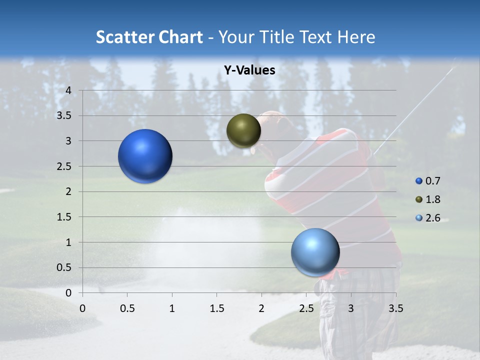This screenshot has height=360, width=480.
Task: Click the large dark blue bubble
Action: pos(145,156)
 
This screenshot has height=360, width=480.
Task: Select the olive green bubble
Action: pos(243,130)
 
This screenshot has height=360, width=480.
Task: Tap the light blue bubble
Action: pos(315,252)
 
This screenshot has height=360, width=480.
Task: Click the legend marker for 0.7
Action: pos(419,181)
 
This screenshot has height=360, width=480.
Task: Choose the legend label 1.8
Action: pos(432,199)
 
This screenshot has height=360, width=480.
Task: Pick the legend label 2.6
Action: pos(432,218)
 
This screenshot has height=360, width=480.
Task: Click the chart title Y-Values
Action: pos(249,70)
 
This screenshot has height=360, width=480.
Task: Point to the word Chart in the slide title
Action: pos(180,37)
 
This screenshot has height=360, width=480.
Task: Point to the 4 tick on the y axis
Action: pos(69,90)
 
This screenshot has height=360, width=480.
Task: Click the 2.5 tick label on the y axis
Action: pos(64,166)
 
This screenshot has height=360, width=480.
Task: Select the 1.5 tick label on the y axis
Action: pos(64,217)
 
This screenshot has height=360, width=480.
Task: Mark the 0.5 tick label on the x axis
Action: pos(127,308)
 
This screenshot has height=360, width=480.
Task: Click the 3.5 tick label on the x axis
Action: pos(395,308)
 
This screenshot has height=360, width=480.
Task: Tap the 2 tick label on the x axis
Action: pos(261,308)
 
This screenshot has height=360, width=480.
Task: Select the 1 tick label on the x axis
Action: pos(172,308)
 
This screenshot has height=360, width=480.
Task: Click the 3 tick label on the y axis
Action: pos(69,141)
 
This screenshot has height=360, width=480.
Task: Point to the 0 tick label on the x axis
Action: pos(83,308)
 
